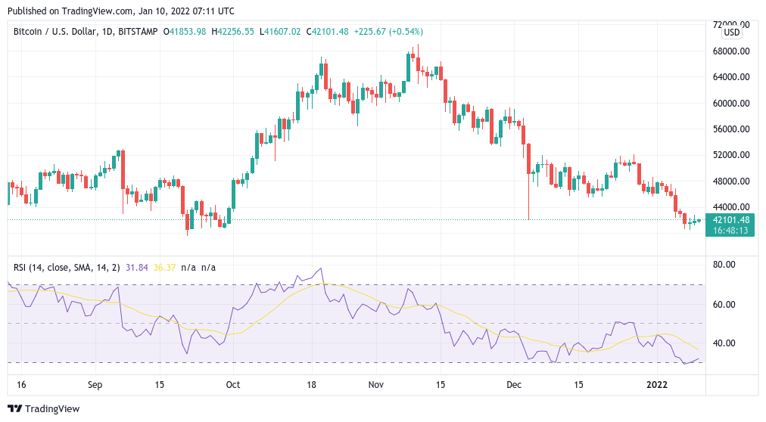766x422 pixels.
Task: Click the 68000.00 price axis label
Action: pyautogui.click(x=731, y=51)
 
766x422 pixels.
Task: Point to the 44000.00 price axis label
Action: pyautogui.click(x=731, y=206)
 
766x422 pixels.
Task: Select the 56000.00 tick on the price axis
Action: pyautogui.click(x=731, y=129)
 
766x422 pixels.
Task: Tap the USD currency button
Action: pyautogui.click(x=732, y=33)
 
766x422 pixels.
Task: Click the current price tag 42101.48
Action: pyautogui.click(x=731, y=220)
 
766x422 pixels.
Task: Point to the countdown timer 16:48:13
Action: pyautogui.click(x=731, y=231)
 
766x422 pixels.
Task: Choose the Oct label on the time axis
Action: pyautogui.click(x=232, y=384)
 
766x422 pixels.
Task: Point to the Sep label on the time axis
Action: pyautogui.click(x=95, y=384)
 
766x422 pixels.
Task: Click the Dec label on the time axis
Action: pyautogui.click(x=514, y=384)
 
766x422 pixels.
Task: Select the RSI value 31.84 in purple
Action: pyautogui.click(x=138, y=267)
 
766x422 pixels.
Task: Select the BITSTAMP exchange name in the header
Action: pyautogui.click(x=139, y=31)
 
